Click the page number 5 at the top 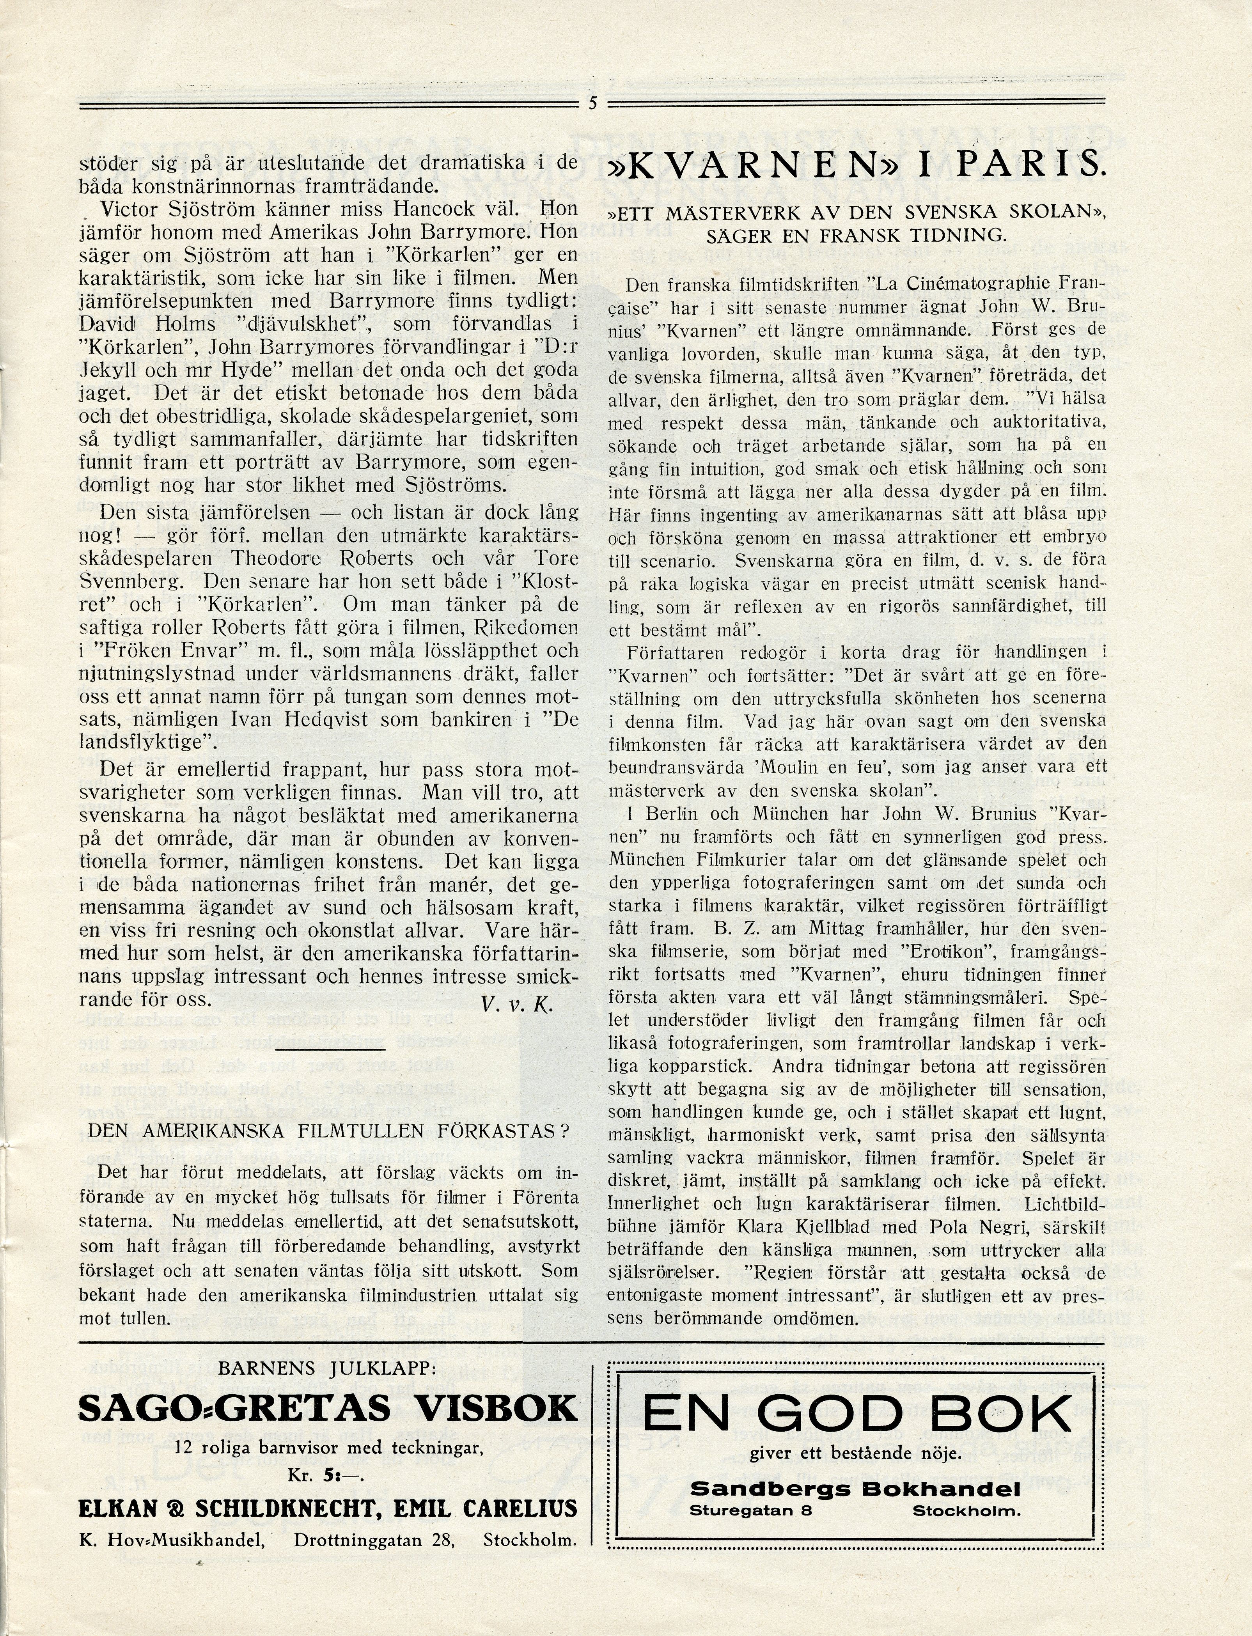(x=592, y=104)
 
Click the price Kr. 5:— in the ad (x=328, y=1473)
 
